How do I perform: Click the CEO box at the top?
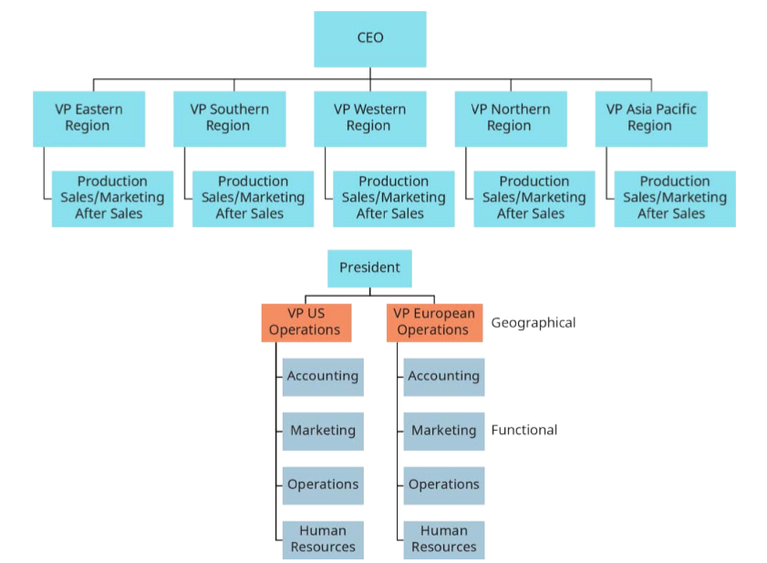(x=369, y=38)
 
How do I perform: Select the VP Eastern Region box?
(x=88, y=118)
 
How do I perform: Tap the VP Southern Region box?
(x=229, y=118)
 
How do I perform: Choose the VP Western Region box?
(x=369, y=118)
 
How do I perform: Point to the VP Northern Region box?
(x=510, y=118)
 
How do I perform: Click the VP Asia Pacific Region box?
(x=650, y=118)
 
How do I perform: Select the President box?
(x=369, y=268)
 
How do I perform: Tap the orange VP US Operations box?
(x=306, y=322)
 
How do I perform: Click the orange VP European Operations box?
(x=434, y=322)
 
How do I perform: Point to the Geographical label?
(x=533, y=322)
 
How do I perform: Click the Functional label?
(x=523, y=430)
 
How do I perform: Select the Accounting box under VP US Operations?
(x=323, y=376)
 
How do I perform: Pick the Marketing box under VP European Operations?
(x=443, y=431)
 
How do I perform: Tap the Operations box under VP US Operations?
(x=323, y=485)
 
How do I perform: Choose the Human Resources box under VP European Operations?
(x=443, y=539)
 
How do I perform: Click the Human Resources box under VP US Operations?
(x=323, y=539)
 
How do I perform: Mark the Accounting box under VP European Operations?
(x=443, y=376)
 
